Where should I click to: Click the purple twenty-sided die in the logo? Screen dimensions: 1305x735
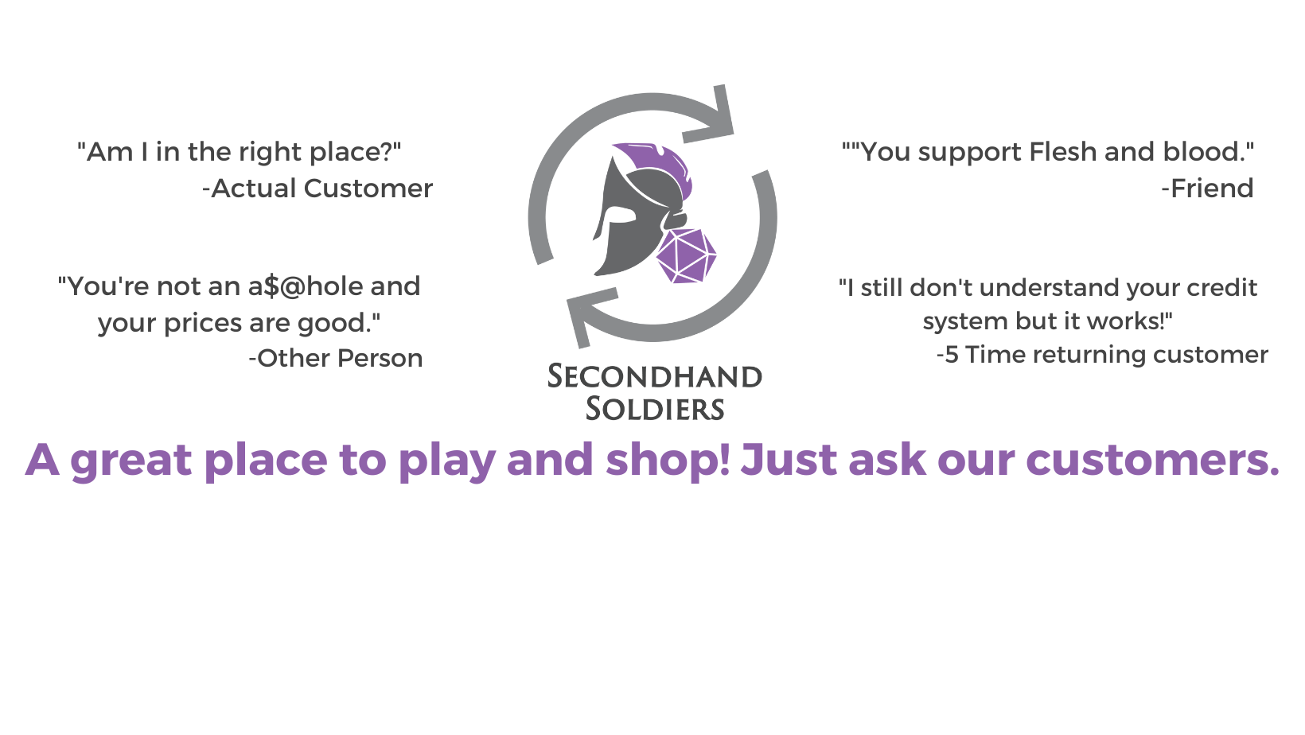[686, 256]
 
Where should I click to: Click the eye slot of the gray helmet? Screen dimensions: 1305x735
[619, 216]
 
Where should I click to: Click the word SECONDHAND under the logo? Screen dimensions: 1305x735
[655, 377]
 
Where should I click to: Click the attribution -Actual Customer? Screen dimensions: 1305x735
[317, 188]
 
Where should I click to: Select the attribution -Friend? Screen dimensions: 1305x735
[1207, 188]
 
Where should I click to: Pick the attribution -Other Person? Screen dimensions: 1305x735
[336, 358]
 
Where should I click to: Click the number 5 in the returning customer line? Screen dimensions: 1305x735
[952, 355]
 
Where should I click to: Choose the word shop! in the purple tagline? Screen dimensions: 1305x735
[668, 460]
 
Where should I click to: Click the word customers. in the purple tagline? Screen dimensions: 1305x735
[1152, 460]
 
